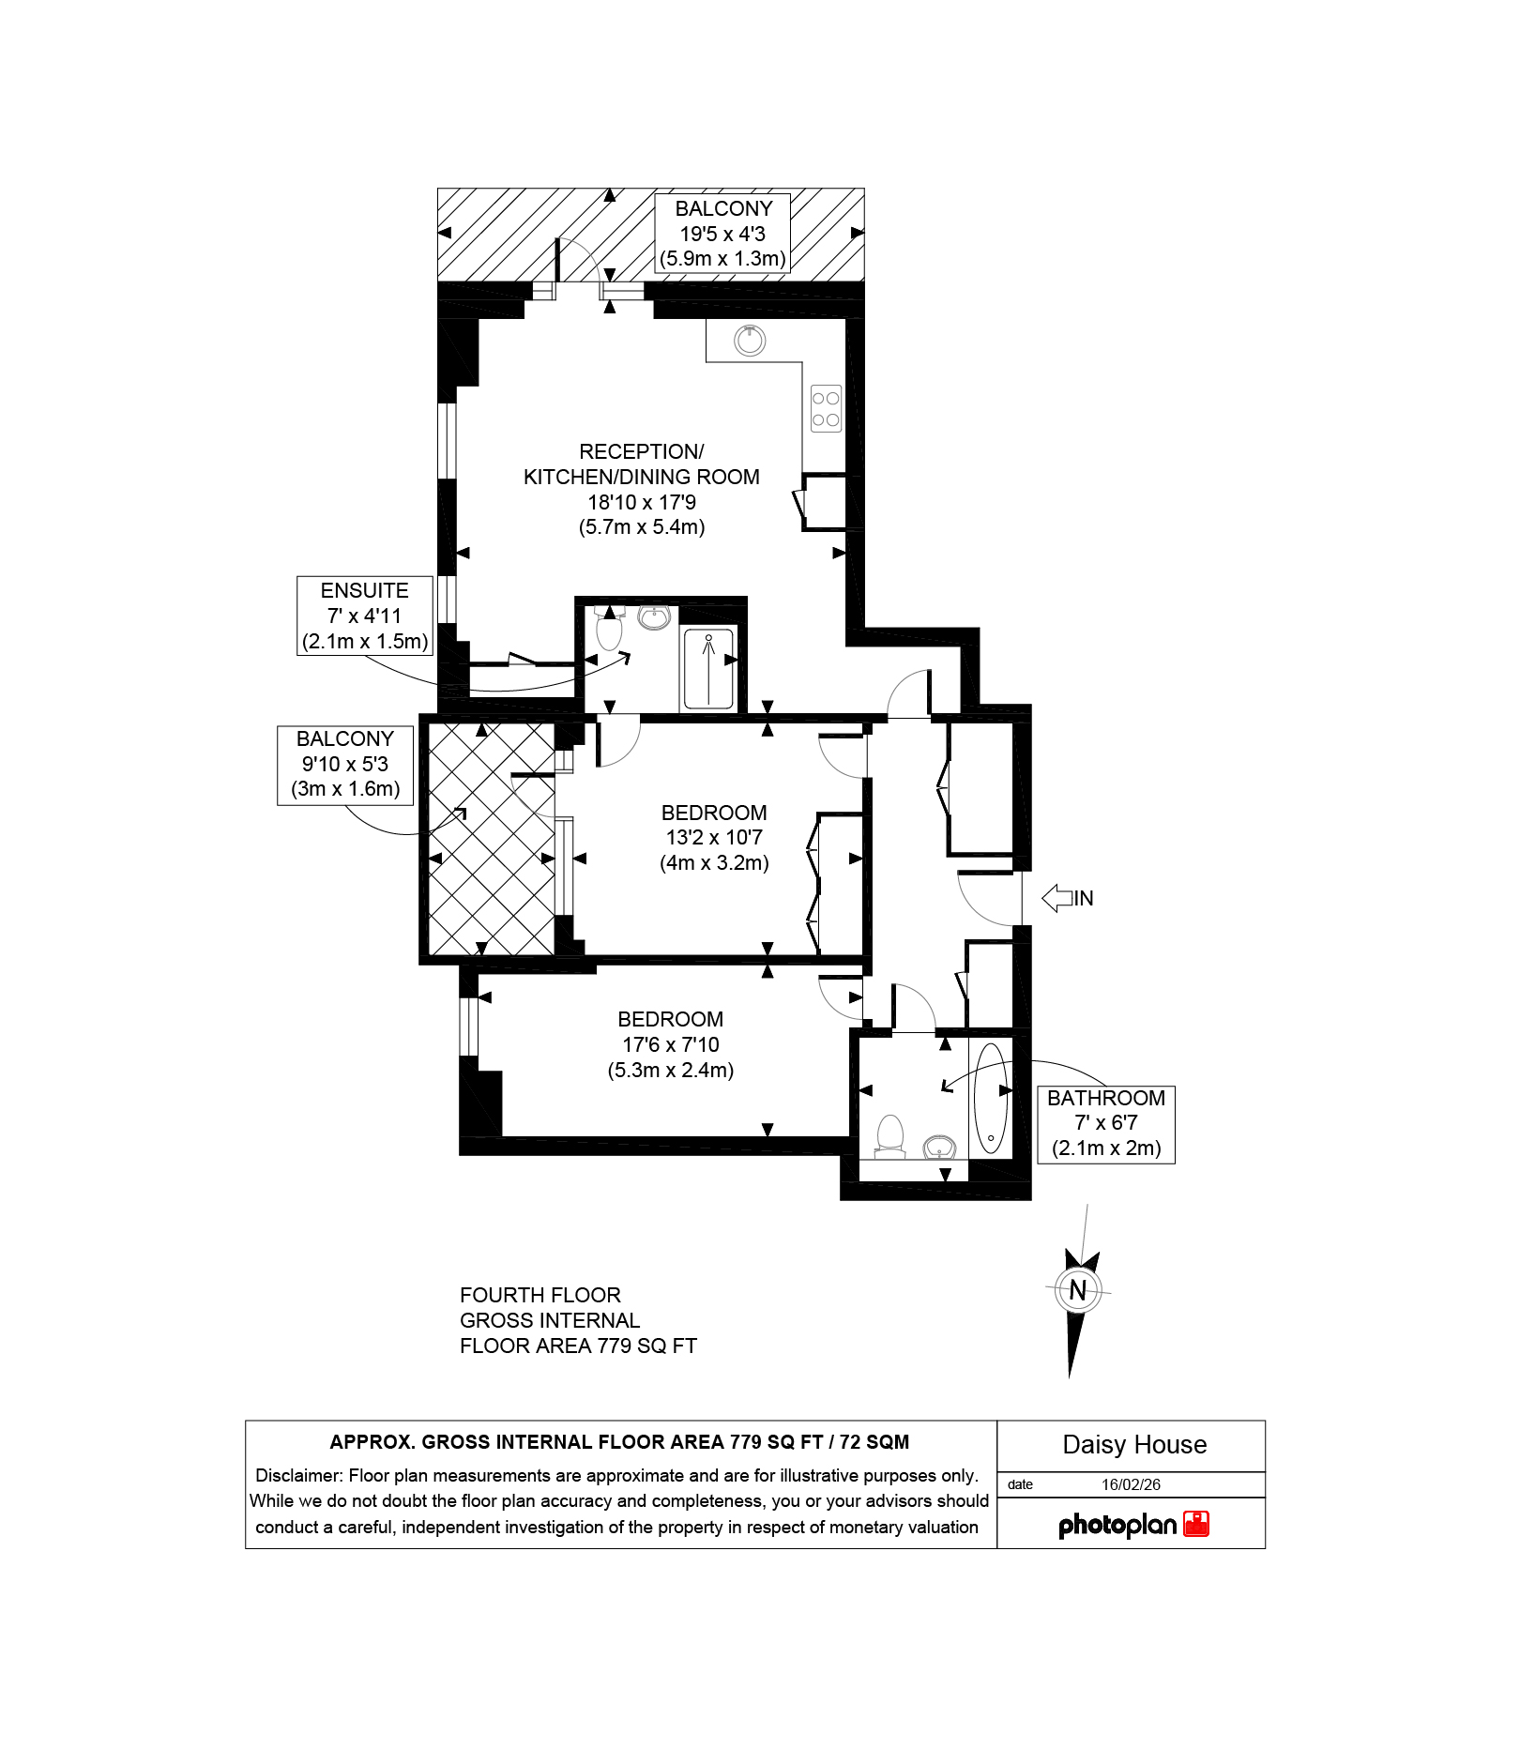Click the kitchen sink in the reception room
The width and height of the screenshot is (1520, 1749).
tap(750, 340)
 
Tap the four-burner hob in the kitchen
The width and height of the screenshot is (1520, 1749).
tap(826, 409)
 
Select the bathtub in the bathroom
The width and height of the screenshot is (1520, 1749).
tap(991, 1097)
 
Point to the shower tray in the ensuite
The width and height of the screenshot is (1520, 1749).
tap(708, 668)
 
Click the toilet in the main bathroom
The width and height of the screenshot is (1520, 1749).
tap(889, 1134)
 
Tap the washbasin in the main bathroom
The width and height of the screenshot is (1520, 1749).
tap(939, 1146)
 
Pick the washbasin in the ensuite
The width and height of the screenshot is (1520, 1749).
tap(654, 616)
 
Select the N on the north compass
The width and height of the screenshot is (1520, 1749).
tap(1077, 1290)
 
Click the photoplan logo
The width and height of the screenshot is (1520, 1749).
tap(1133, 1525)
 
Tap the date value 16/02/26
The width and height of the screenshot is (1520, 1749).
tap(1131, 1484)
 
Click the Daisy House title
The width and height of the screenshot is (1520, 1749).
tap(1134, 1445)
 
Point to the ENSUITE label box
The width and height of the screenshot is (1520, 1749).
tap(365, 616)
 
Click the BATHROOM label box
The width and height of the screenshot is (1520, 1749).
tap(1106, 1124)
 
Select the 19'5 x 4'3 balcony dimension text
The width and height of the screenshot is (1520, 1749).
tap(722, 234)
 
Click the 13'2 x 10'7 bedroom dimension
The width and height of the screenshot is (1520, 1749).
tap(714, 837)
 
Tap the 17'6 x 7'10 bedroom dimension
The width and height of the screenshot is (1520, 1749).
tap(671, 1044)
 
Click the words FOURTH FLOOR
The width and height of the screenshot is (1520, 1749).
tap(540, 1295)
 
